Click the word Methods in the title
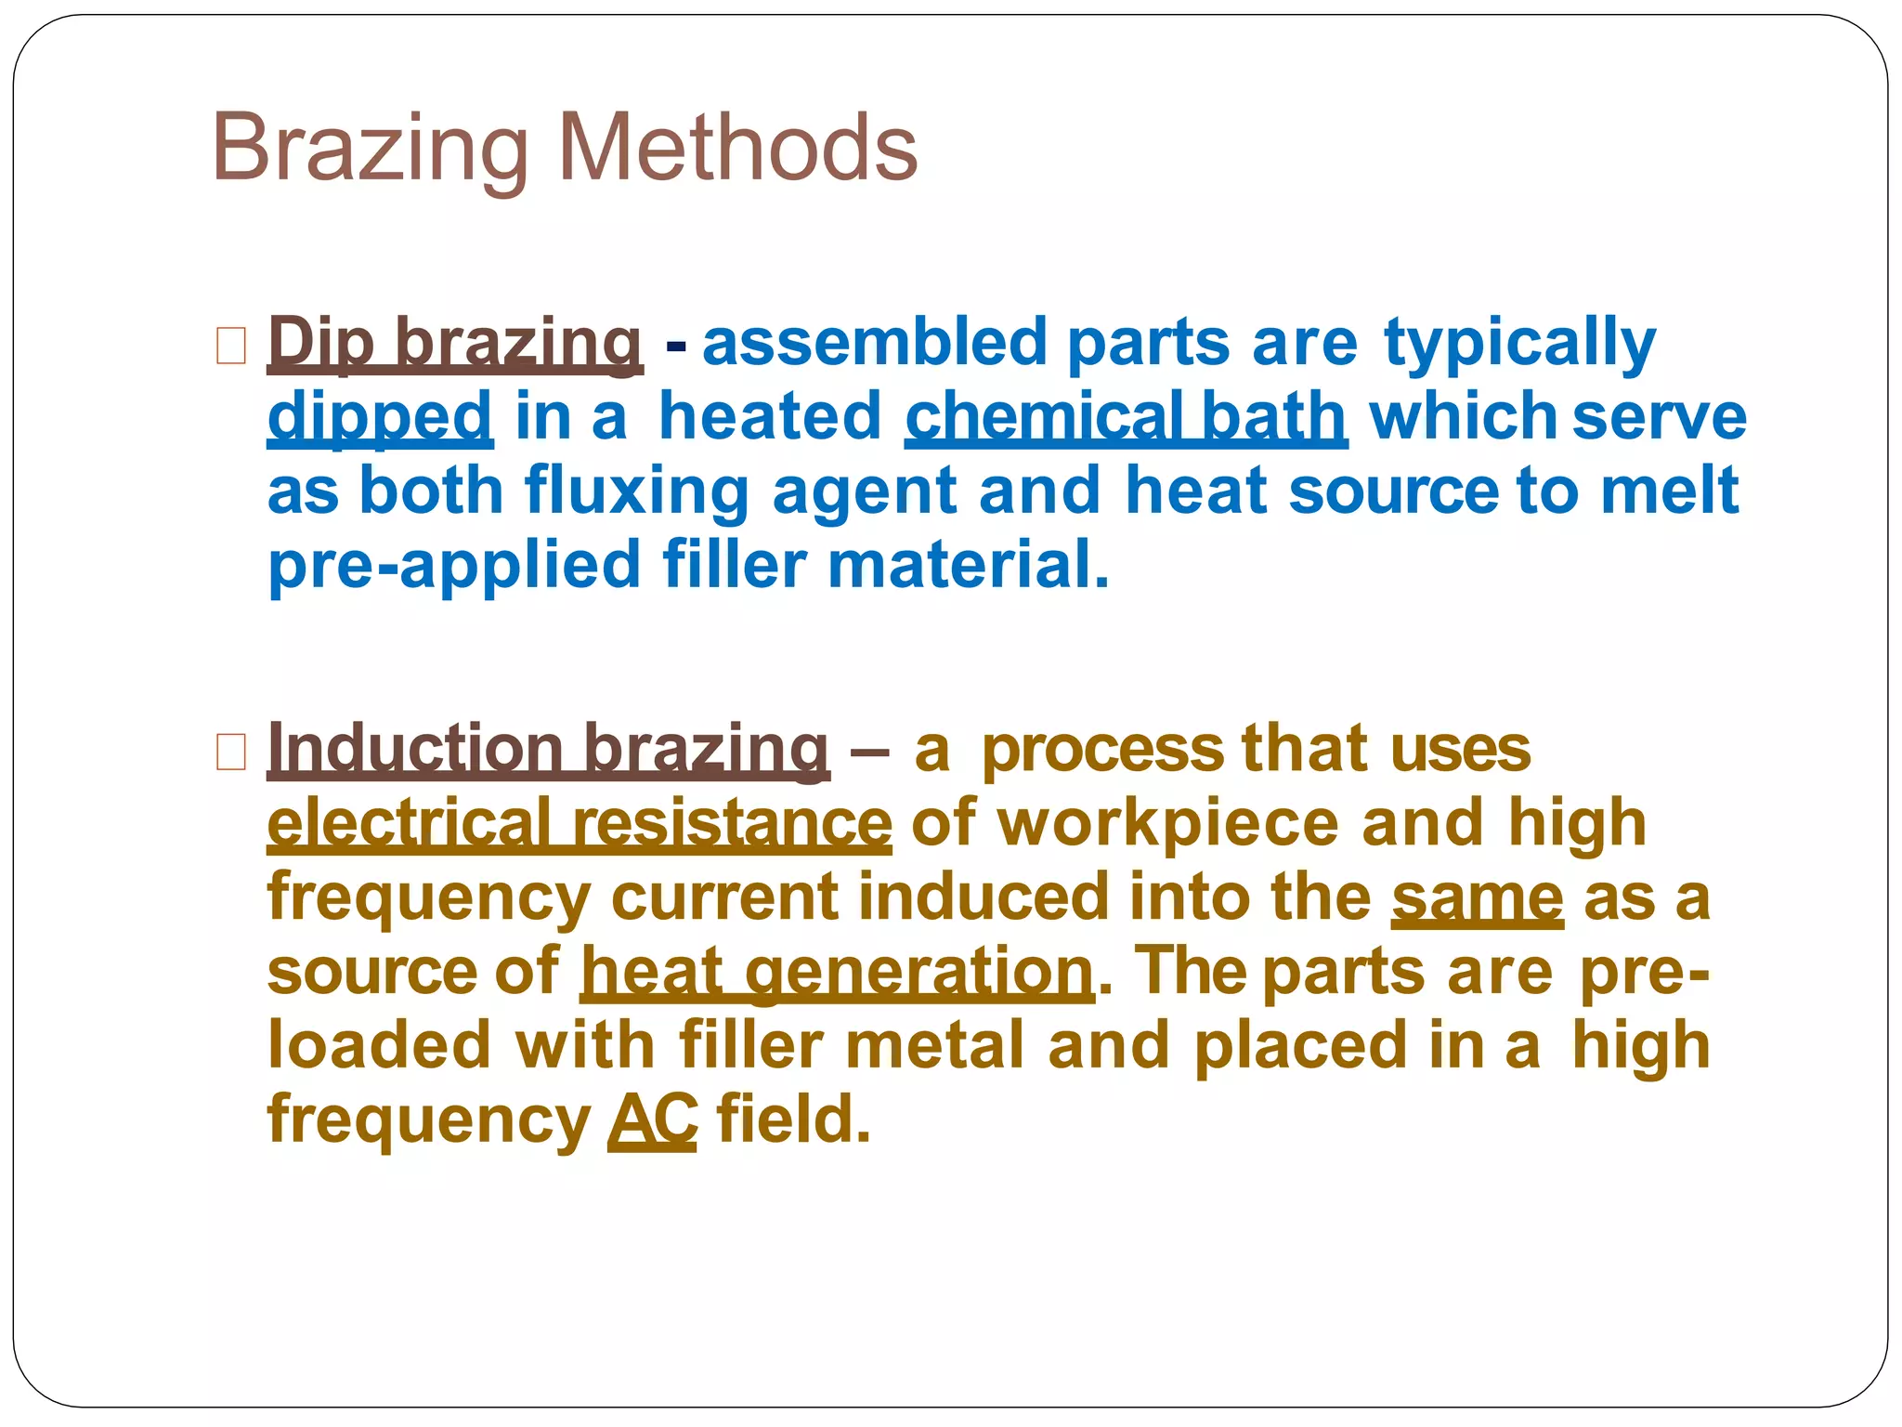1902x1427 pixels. point(738,148)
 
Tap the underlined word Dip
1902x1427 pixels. point(320,343)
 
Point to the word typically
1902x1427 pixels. point(1519,343)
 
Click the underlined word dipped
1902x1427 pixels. point(379,417)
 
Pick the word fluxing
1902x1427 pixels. point(636,491)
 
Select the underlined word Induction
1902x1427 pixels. point(415,748)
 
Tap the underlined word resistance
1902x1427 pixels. point(732,823)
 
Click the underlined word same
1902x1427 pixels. point(1477,897)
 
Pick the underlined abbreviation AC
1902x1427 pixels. point(652,1119)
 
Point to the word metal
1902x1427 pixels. point(935,1045)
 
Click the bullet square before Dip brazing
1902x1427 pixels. point(231,345)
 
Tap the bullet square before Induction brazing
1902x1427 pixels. point(231,752)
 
